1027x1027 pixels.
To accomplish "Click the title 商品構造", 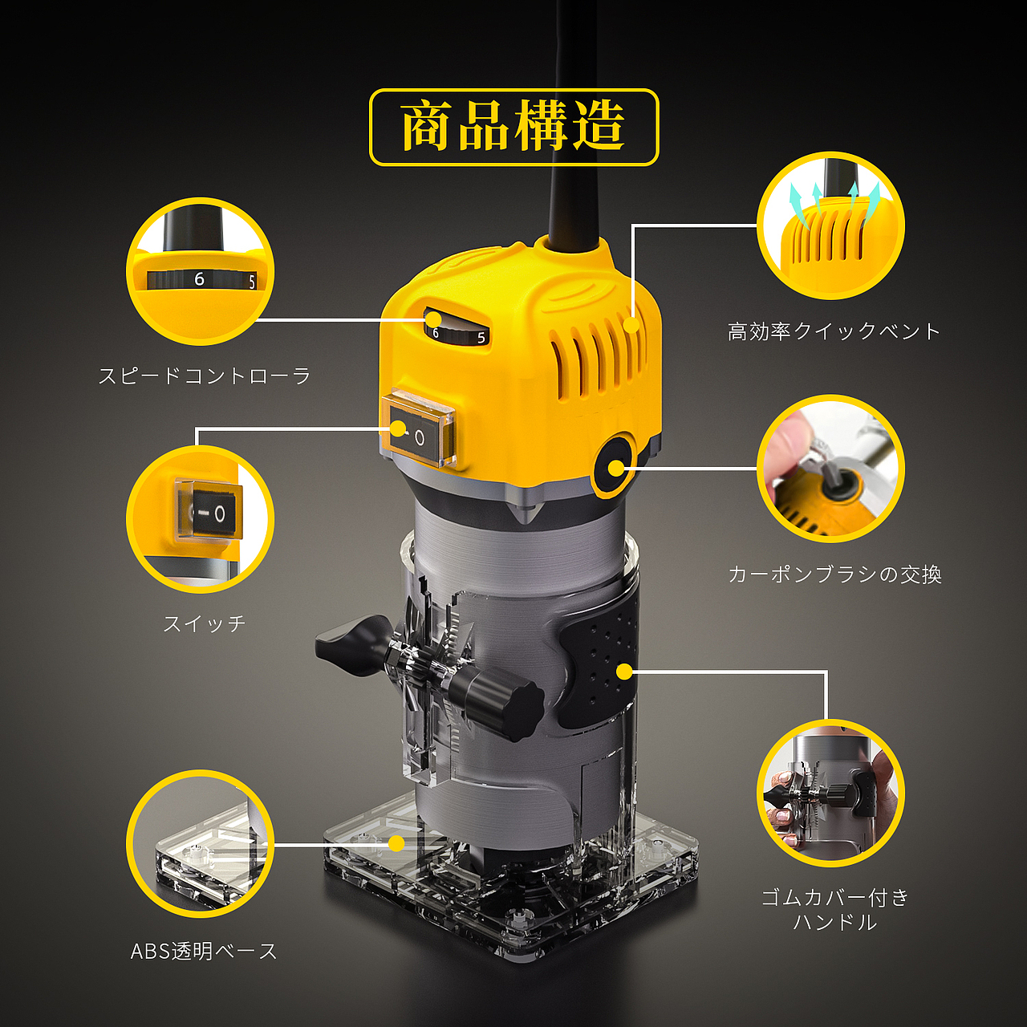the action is pos(513,127).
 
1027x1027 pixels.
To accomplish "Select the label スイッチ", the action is pos(205,623).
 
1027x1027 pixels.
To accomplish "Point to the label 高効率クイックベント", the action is pos(834,331).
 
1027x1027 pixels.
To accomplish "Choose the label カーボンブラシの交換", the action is pos(835,574).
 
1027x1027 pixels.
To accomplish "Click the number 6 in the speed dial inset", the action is pos(199,278).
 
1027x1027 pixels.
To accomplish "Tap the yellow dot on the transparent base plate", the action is pos(396,843).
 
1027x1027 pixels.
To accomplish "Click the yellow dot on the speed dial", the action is pos(434,319).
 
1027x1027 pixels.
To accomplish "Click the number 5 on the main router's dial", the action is pos(481,337).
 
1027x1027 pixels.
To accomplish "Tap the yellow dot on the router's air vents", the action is pos(631,323).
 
